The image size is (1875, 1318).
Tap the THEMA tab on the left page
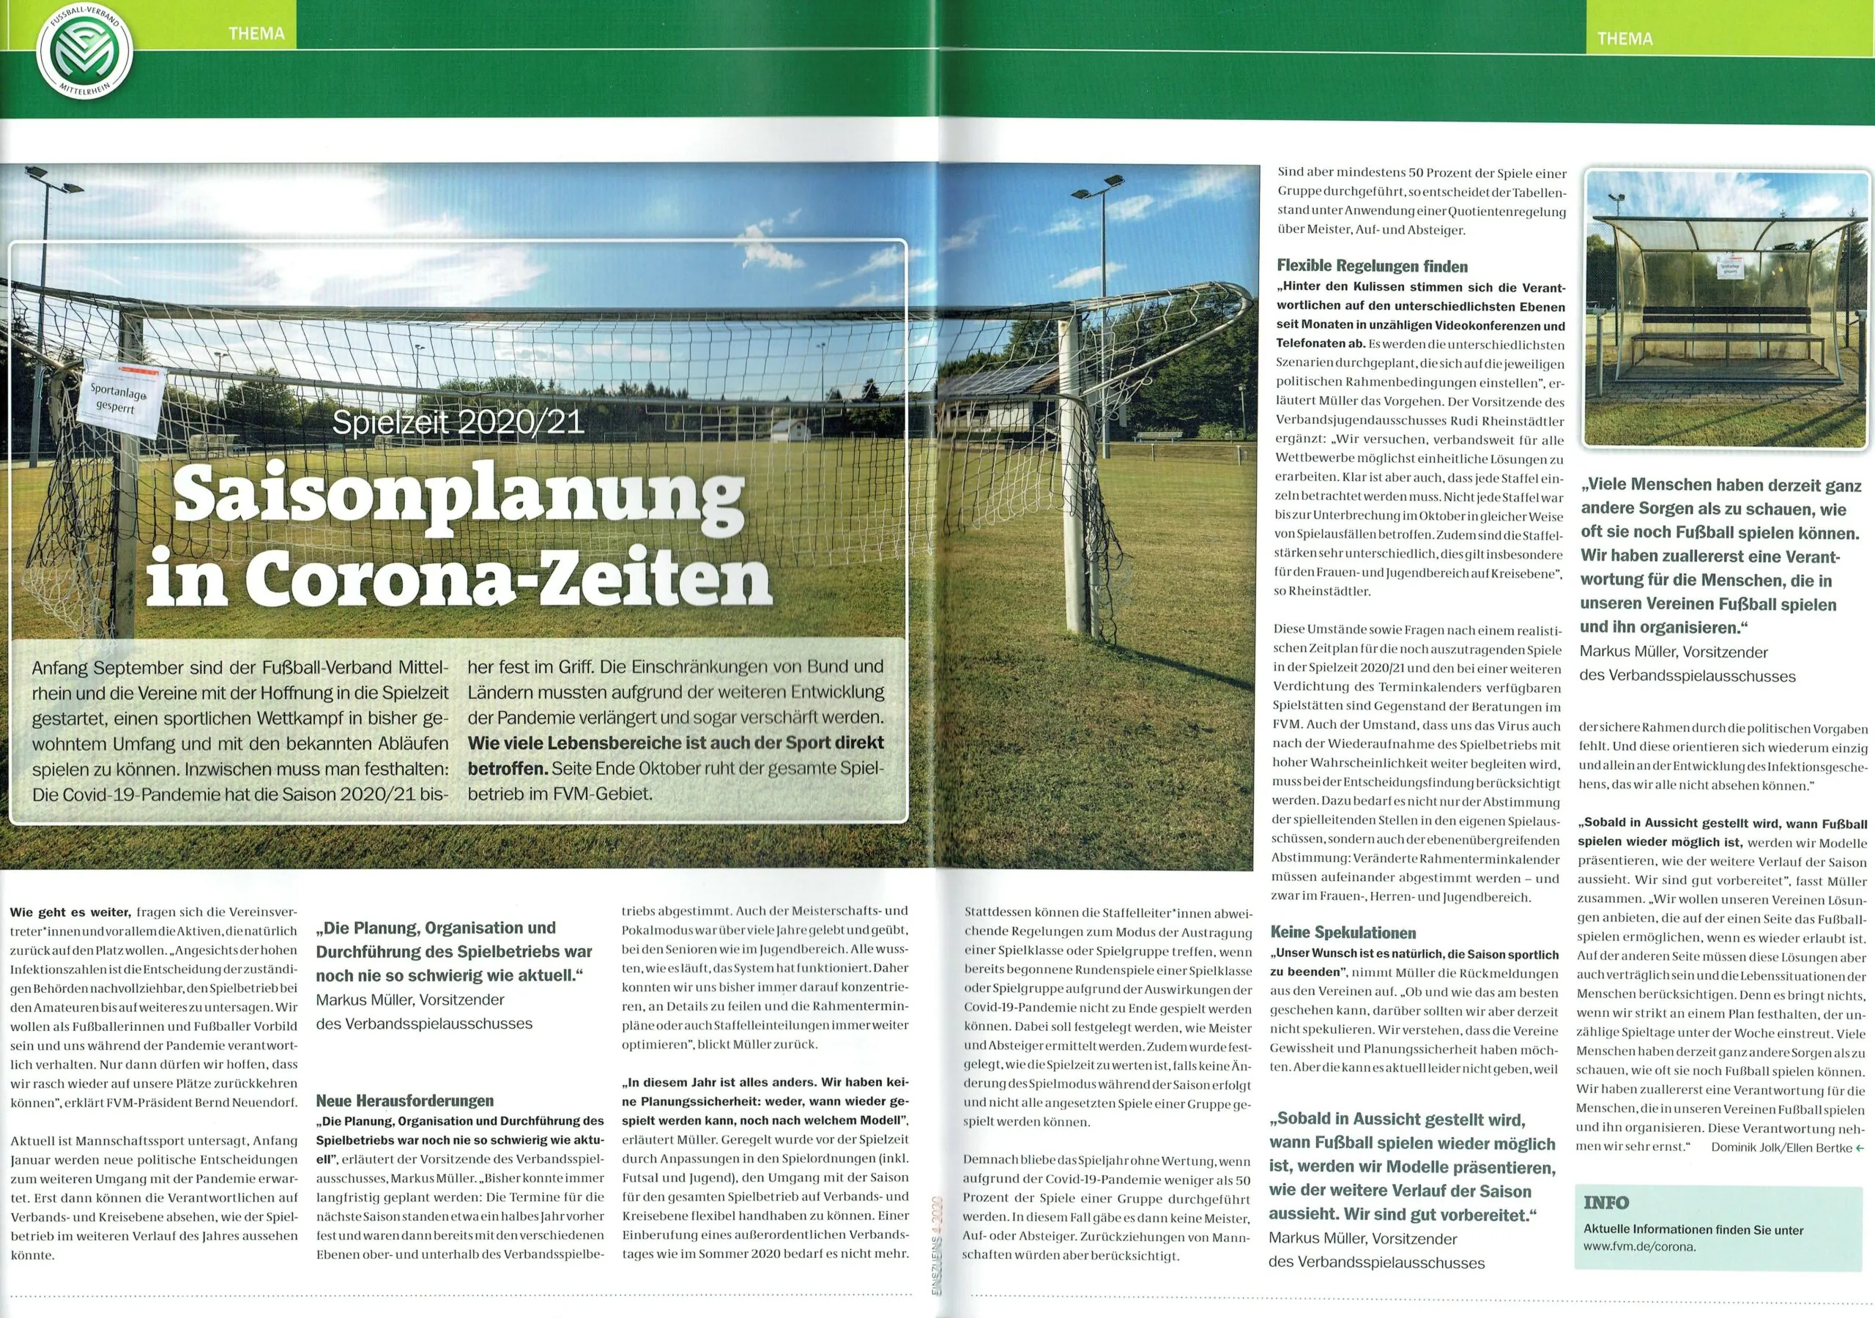tap(256, 34)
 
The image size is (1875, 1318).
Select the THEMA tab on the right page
tap(1625, 38)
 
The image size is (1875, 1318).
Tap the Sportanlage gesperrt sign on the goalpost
tap(121, 398)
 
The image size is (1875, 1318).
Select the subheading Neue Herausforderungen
tap(404, 1101)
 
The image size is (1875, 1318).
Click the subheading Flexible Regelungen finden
tap(1372, 267)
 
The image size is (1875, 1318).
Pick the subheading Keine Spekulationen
tap(1343, 933)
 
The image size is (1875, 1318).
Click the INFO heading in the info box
tap(1605, 1203)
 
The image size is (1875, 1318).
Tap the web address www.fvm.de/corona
tap(1640, 1247)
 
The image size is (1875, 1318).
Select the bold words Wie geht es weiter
tap(70, 912)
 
